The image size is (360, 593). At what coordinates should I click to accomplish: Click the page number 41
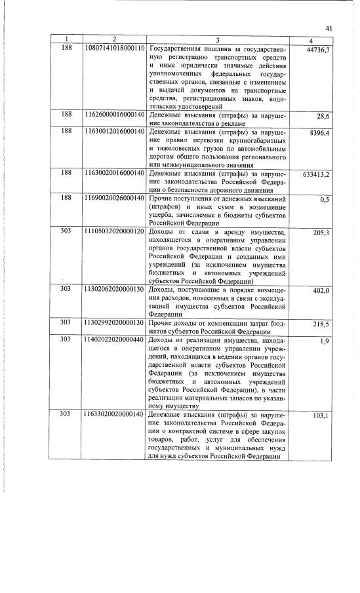(x=329, y=28)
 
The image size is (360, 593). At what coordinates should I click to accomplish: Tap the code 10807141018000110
(x=115, y=49)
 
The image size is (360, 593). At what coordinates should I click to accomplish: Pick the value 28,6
(x=323, y=116)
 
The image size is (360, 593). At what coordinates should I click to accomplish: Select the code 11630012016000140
(x=115, y=132)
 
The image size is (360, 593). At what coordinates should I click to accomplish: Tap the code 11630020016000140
(x=115, y=174)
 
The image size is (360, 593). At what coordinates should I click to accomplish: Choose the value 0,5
(x=325, y=200)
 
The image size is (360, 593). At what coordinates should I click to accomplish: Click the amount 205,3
(x=321, y=234)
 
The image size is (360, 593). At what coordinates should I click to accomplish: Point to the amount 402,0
(x=321, y=292)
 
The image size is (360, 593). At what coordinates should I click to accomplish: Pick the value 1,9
(x=325, y=342)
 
